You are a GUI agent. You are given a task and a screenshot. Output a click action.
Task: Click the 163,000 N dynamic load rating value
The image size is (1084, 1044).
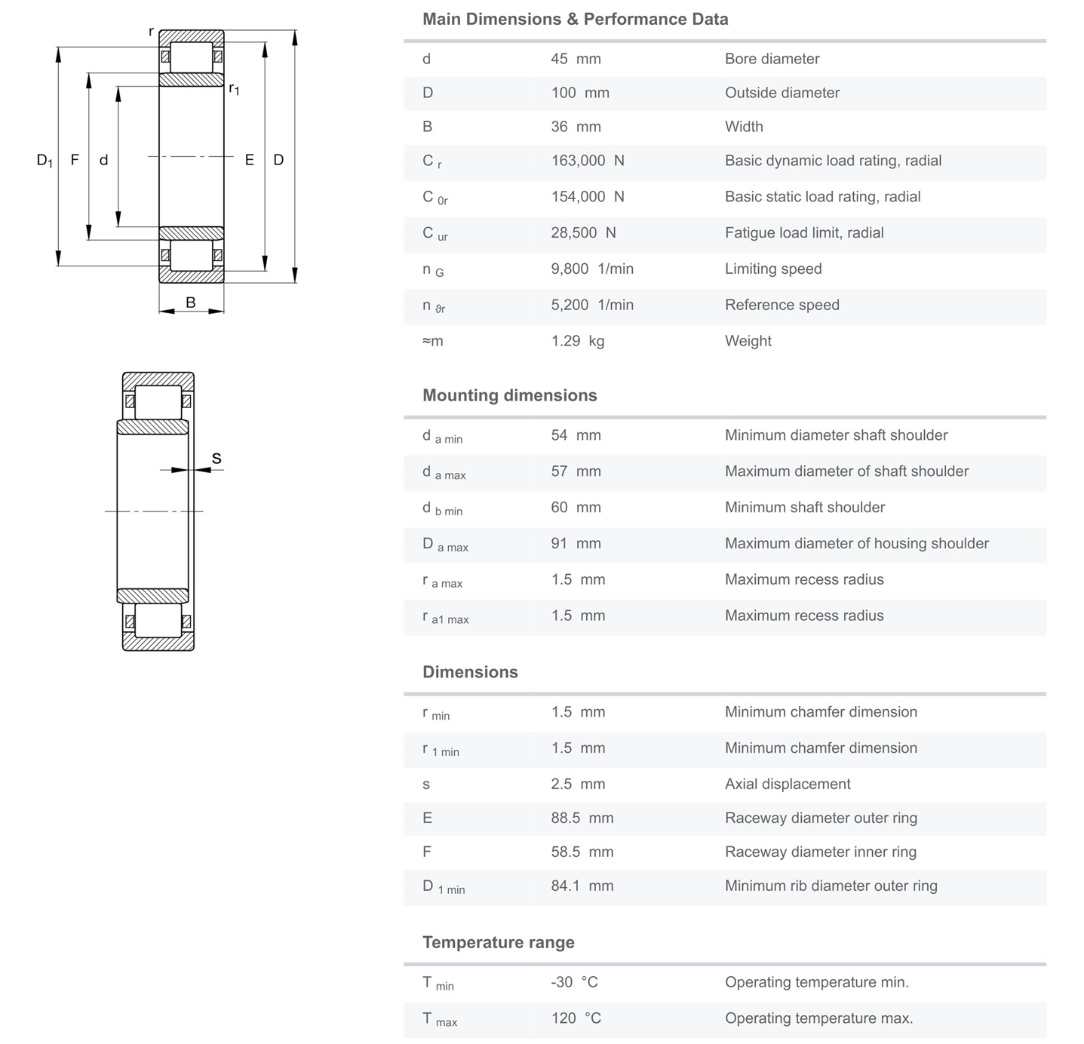coord(588,161)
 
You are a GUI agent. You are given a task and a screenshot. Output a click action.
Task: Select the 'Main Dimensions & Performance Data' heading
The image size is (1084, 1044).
coord(575,20)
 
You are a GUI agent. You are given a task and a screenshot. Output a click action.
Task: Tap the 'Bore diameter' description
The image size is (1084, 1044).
coord(772,59)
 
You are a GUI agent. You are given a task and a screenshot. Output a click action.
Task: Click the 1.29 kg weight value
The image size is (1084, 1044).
coord(577,341)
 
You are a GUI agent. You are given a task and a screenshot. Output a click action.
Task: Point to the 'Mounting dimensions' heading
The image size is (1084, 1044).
coord(509,395)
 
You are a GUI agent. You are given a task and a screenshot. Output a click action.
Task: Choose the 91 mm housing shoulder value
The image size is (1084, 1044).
coord(576,543)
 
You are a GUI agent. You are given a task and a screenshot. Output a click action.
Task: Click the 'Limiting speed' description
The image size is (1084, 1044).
coord(773,269)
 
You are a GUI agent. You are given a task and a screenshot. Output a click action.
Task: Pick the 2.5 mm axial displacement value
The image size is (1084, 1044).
coord(578,784)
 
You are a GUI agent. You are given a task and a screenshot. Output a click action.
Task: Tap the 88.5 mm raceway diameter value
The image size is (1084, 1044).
coord(582,818)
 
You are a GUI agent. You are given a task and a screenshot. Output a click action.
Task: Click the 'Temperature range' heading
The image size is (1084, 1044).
coord(498,942)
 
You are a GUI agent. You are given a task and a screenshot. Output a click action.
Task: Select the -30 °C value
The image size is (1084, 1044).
coord(574,982)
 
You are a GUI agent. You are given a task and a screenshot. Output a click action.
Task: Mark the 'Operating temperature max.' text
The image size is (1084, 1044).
coord(818,1018)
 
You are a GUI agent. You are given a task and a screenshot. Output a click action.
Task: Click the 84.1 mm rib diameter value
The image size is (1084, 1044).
coord(582,886)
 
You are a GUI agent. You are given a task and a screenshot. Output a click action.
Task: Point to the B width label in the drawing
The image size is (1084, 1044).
coord(191,302)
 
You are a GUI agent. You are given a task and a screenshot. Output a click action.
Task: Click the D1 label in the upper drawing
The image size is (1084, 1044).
coord(45,160)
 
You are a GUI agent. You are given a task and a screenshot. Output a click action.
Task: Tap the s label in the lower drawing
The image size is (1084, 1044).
coord(216,459)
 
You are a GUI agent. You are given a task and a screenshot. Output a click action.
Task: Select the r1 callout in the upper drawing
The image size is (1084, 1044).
coord(234,89)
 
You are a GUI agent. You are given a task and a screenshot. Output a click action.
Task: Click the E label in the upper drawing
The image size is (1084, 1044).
coord(249,160)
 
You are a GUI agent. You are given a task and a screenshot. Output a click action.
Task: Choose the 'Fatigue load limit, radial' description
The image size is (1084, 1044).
coord(804,232)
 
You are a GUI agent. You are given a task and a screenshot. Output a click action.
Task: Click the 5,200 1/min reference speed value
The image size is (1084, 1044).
coord(592,305)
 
